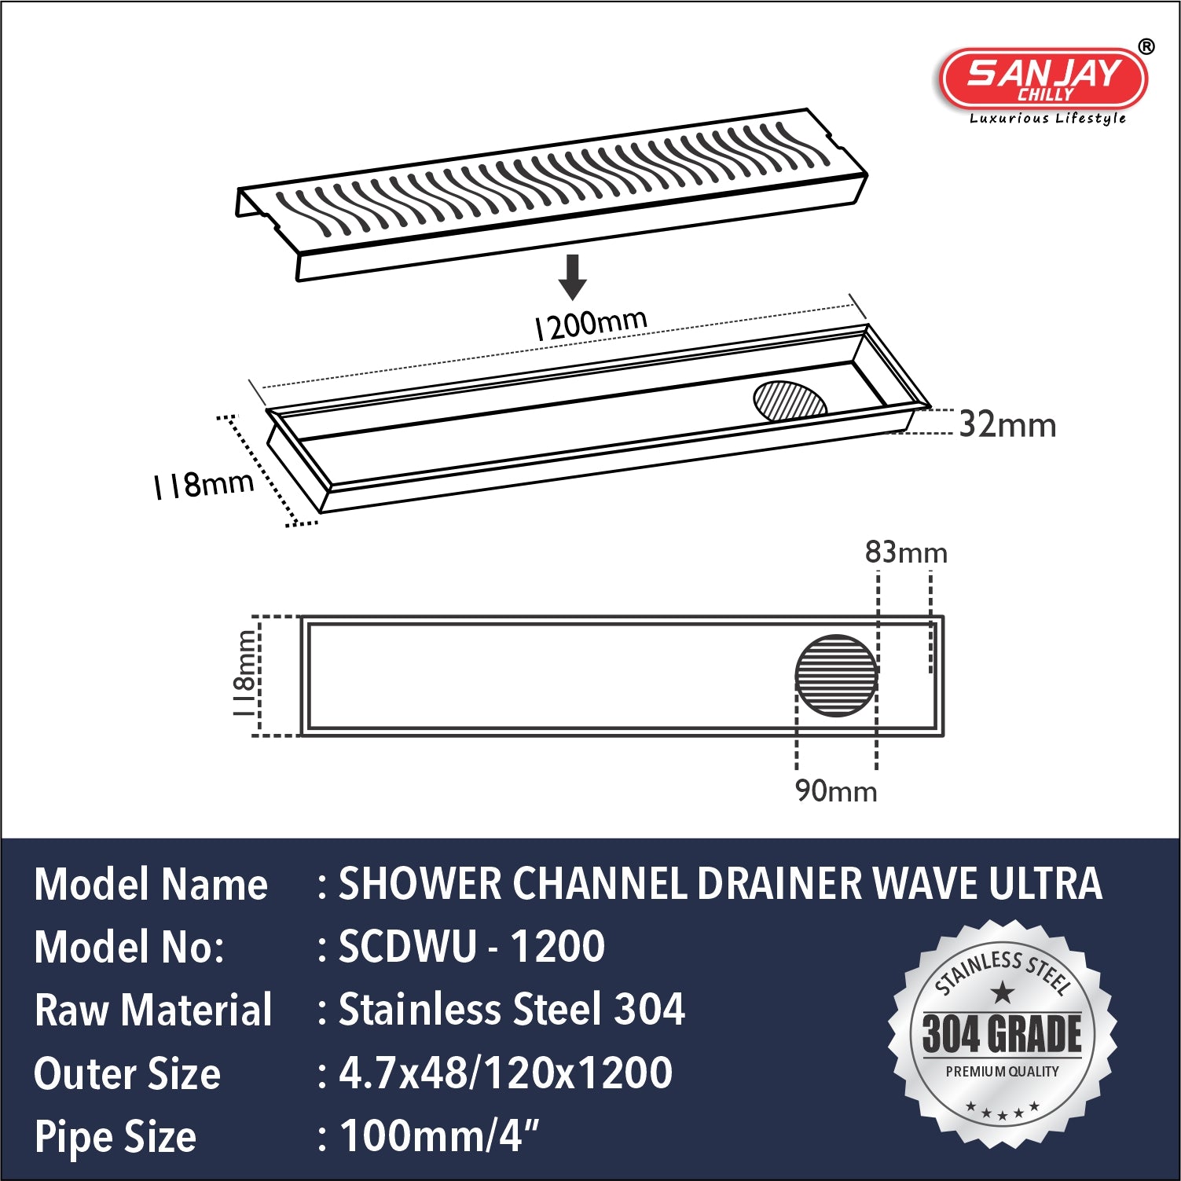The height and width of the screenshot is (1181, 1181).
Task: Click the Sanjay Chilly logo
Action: tap(1043, 79)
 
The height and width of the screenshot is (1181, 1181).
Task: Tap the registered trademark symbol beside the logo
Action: tap(1146, 46)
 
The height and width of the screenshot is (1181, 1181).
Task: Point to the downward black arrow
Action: tap(573, 276)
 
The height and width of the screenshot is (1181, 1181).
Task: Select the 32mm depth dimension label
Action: tap(1007, 425)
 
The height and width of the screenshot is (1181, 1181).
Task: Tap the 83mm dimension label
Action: tap(906, 552)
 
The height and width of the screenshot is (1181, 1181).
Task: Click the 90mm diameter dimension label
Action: tap(836, 790)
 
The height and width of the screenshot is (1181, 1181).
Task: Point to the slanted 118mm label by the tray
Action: tap(204, 485)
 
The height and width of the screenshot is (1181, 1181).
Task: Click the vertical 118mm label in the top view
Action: tap(245, 674)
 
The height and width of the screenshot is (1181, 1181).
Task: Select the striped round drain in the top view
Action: tap(836, 676)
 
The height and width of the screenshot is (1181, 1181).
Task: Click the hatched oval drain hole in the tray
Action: tap(790, 401)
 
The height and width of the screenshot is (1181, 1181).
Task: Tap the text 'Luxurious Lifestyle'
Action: tap(1047, 119)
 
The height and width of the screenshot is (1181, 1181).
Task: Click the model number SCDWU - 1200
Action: tap(471, 947)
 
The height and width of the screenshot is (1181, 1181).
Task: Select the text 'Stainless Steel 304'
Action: tap(512, 1010)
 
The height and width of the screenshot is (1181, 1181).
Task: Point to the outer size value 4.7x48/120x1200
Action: tap(505, 1073)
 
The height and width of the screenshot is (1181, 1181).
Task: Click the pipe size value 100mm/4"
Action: tap(439, 1136)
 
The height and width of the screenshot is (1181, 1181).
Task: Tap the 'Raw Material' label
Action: tap(153, 1010)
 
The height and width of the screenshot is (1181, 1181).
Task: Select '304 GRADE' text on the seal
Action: tap(1002, 1034)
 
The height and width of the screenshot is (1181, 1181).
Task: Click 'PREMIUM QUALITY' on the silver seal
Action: tap(1002, 1072)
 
